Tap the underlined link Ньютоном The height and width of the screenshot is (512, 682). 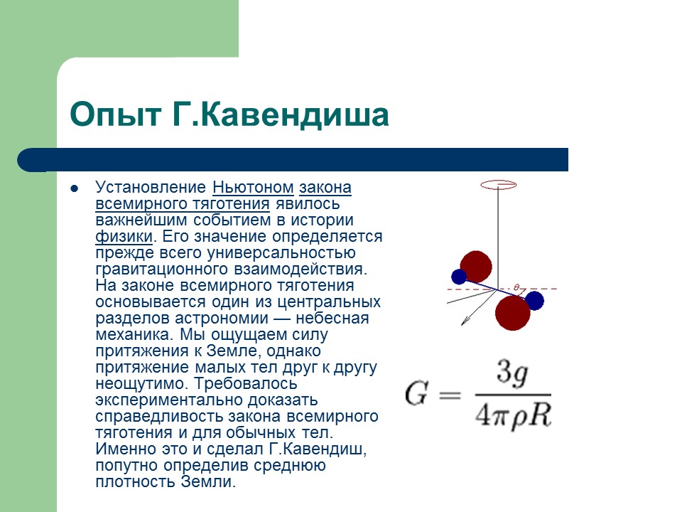tap(253, 188)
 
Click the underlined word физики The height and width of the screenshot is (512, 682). tap(124, 237)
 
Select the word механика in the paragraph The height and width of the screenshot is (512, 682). tap(131, 335)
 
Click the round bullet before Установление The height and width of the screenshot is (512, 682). tap(74, 188)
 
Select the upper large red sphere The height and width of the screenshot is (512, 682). tap(475, 267)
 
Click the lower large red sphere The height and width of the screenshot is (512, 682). tap(512, 313)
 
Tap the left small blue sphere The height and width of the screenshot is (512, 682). tap(459, 277)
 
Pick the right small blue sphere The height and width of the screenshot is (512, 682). tap(534, 301)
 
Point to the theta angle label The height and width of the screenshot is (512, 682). tap(516, 288)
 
